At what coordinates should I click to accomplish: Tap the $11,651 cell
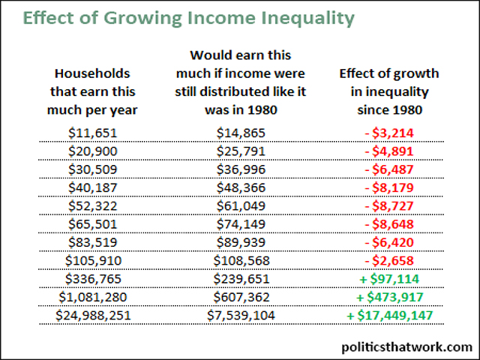[x=93, y=133]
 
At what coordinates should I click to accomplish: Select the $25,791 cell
[x=241, y=151]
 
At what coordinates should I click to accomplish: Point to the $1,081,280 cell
[x=93, y=297]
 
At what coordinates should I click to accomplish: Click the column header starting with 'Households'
[x=93, y=91]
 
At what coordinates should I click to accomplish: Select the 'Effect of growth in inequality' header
[x=389, y=91]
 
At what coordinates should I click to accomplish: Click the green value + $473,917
[x=389, y=297]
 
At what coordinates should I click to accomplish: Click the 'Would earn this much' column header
[x=241, y=82]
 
